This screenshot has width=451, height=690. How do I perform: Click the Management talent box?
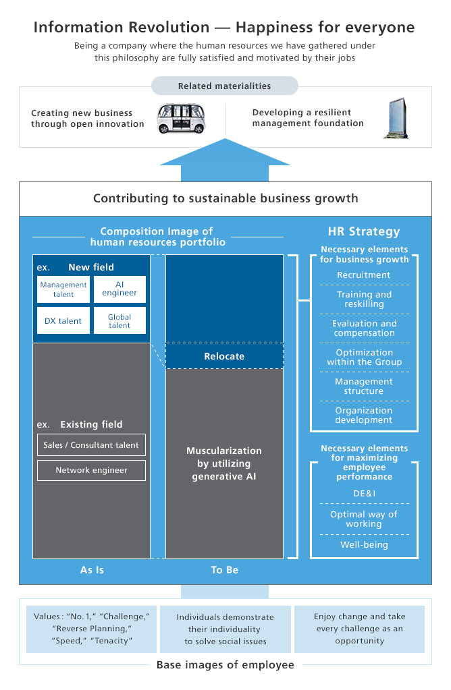click(x=63, y=289)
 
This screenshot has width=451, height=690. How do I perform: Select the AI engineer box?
click(x=120, y=289)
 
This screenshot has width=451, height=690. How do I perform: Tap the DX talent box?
click(x=63, y=321)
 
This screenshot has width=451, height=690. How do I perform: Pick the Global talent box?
click(x=120, y=321)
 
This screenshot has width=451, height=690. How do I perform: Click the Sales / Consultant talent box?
click(x=91, y=445)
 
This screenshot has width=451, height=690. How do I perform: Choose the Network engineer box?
click(x=91, y=470)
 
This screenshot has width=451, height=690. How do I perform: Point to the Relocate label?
click(x=224, y=356)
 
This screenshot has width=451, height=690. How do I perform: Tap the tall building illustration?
click(x=397, y=118)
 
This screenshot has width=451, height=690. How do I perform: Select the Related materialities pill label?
click(x=224, y=86)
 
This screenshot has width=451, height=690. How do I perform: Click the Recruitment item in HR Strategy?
click(x=364, y=275)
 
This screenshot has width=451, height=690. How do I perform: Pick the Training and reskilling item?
click(x=364, y=299)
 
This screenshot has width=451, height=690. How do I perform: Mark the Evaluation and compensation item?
click(x=364, y=328)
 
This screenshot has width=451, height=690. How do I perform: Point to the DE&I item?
click(x=364, y=493)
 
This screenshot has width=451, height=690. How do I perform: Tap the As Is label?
click(x=92, y=570)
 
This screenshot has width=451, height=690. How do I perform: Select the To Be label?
click(x=224, y=570)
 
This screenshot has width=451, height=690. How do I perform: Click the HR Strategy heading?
click(x=364, y=231)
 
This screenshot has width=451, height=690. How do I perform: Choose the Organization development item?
click(x=364, y=415)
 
